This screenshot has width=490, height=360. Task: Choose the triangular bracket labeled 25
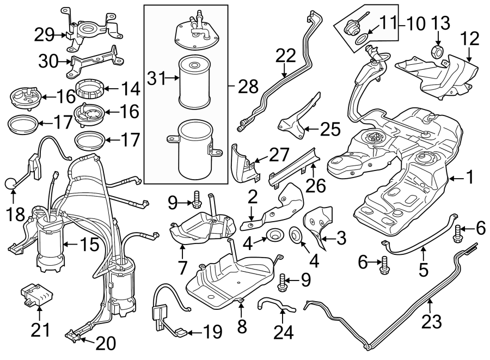[x=295, y=125]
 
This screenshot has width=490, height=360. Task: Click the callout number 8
[x=242, y=326]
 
